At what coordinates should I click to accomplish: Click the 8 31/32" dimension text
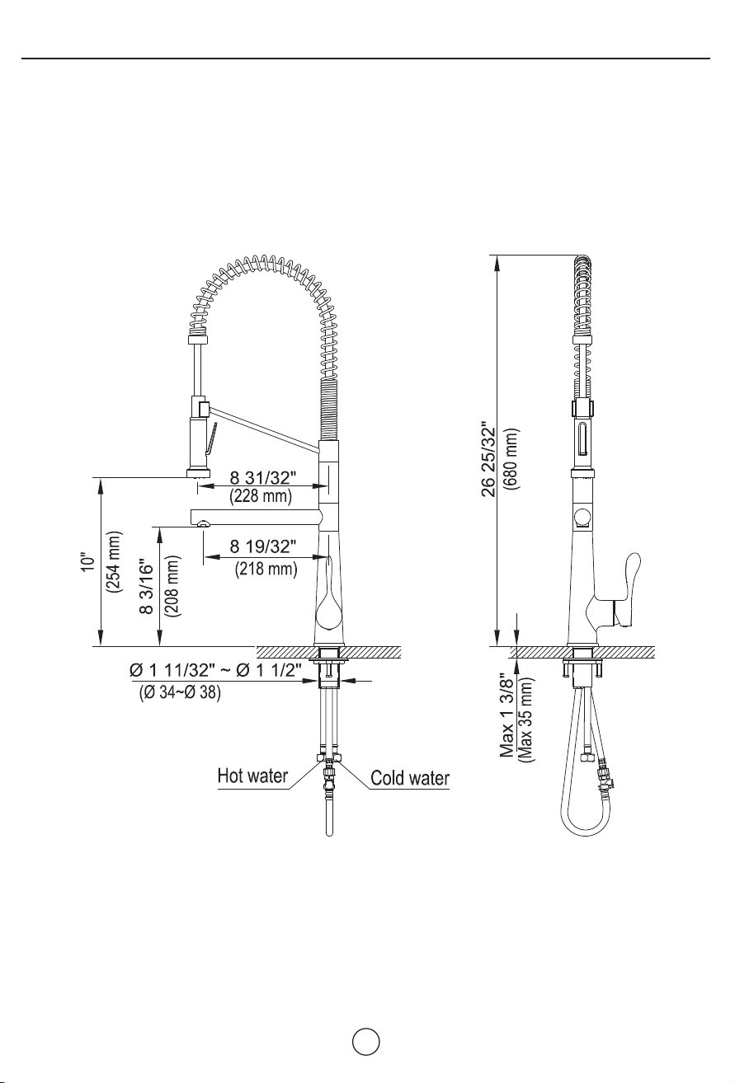pyautogui.click(x=262, y=478)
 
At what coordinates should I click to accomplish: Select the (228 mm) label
pyautogui.click(x=261, y=496)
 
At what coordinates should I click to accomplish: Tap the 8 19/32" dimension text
pyautogui.click(x=263, y=546)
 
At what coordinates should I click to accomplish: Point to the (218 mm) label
pyautogui.click(x=266, y=569)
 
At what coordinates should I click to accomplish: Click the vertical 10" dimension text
pyautogui.click(x=89, y=562)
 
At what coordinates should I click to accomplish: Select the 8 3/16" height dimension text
pyautogui.click(x=146, y=587)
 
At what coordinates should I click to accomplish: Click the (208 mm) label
pyautogui.click(x=172, y=586)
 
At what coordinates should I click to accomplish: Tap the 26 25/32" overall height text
pyautogui.click(x=489, y=462)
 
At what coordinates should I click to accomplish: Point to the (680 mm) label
pyautogui.click(x=511, y=459)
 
